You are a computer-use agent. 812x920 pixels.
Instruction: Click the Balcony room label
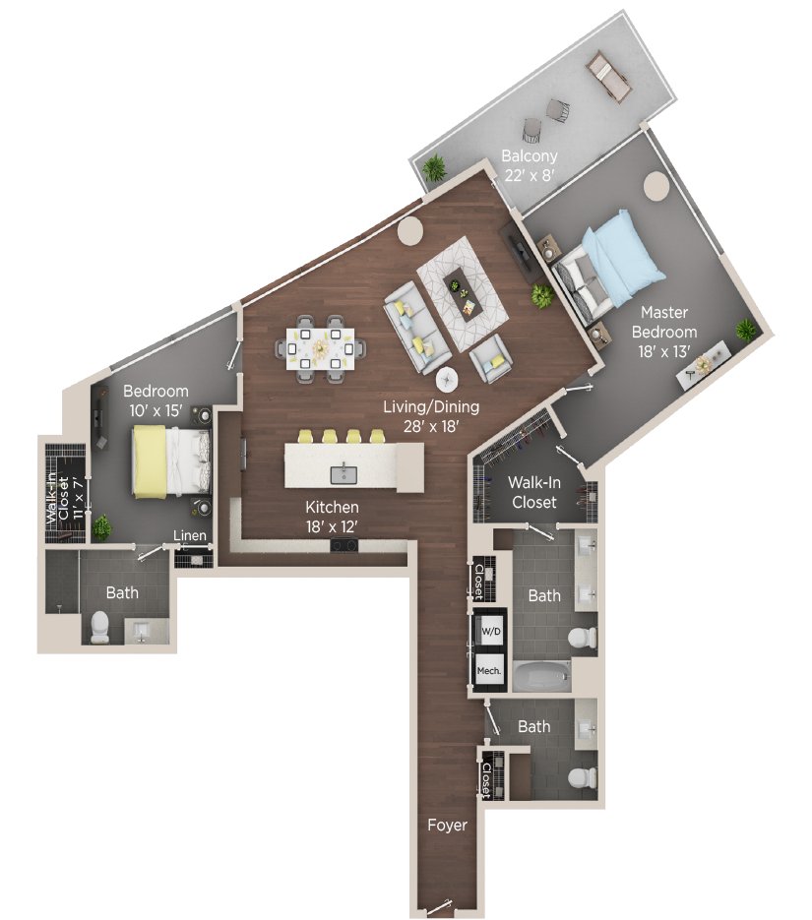pyautogui.click(x=530, y=165)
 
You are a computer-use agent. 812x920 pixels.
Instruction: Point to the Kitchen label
pyautogui.click(x=332, y=516)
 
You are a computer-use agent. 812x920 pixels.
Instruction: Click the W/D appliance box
pyautogui.click(x=490, y=629)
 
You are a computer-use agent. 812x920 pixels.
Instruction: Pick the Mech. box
pyautogui.click(x=490, y=670)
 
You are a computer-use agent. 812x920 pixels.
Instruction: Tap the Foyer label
pyautogui.click(x=446, y=825)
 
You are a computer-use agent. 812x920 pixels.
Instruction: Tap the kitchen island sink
pyautogui.click(x=344, y=474)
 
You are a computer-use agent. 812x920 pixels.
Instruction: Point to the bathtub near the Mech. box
pyautogui.click(x=541, y=676)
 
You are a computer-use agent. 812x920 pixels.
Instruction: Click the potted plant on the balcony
pyautogui.click(x=433, y=170)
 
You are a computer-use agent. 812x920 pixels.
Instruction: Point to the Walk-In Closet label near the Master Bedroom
pyautogui.click(x=531, y=492)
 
